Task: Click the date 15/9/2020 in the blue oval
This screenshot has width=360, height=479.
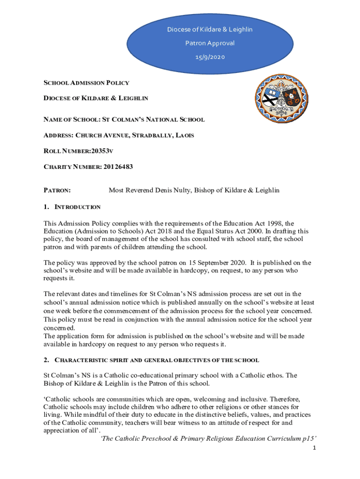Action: click(210, 57)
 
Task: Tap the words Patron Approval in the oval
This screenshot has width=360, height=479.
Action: click(210, 44)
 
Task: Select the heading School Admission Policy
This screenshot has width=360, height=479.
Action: click(86, 83)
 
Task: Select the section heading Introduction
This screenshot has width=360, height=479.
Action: click(77, 207)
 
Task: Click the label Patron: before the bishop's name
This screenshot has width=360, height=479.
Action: click(57, 190)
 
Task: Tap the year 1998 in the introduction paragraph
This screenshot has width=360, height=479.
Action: click(271, 223)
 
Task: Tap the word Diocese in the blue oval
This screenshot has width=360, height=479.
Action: click(178, 29)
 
